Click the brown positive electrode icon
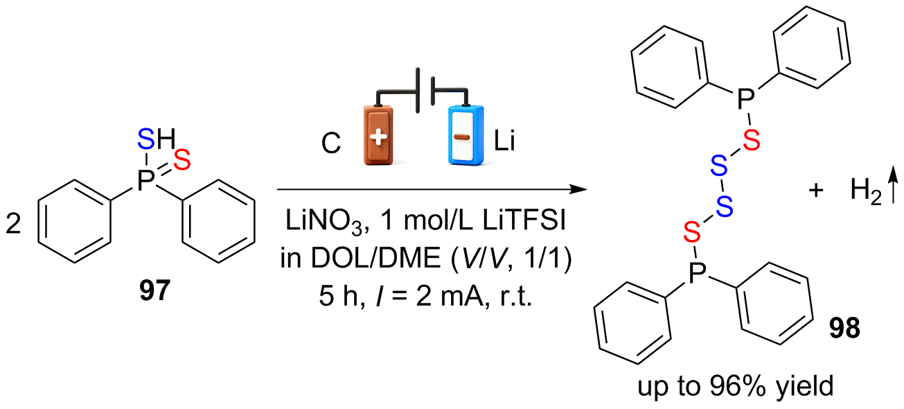(x=378, y=135)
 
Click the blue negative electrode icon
(x=466, y=135)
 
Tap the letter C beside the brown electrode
(x=331, y=143)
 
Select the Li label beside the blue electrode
(x=504, y=141)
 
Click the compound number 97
(x=155, y=290)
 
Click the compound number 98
(x=844, y=329)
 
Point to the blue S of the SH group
(x=146, y=139)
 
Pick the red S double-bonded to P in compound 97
(x=182, y=160)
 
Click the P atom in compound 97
(x=145, y=180)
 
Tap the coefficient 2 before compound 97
(x=13, y=224)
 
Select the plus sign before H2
(x=816, y=190)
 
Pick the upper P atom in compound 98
(x=745, y=99)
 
